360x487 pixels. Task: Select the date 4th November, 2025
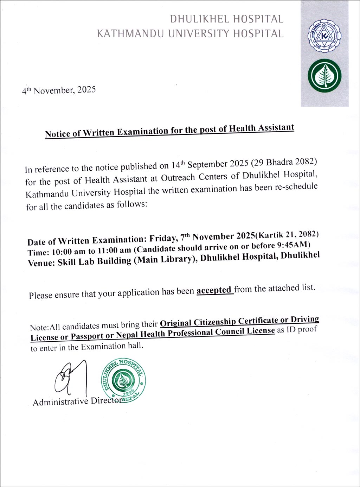[59, 90]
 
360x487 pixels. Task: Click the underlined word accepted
[214, 291]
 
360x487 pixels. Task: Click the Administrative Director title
[77, 401]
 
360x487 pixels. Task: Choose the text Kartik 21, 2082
[288, 234]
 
